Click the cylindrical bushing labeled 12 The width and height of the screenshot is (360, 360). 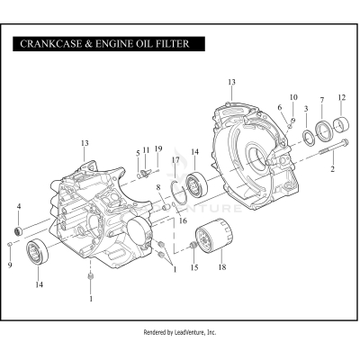pyautogui.click(x=340, y=122)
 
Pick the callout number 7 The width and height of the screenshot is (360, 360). pyautogui.click(x=322, y=99)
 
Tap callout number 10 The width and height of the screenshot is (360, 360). pyautogui.click(x=293, y=96)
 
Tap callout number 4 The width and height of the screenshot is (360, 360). pyautogui.click(x=19, y=207)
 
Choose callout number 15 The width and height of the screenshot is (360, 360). pyautogui.click(x=193, y=267)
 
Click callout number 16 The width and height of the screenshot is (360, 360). pyautogui.click(x=183, y=220)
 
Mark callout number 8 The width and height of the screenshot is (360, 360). pyautogui.click(x=157, y=187)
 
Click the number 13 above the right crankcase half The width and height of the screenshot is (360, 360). pyautogui.click(x=231, y=83)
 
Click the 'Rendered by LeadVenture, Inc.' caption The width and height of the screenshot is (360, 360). pyautogui.click(x=180, y=332)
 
